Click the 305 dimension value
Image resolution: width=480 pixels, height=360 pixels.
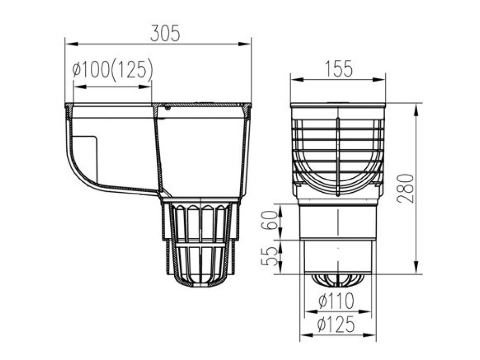[165, 34]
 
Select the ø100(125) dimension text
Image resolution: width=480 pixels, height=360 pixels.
[112, 71]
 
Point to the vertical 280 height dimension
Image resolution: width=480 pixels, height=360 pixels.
[405, 188]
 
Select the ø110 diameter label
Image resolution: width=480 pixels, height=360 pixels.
[336, 303]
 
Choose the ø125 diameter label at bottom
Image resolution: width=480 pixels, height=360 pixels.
[336, 326]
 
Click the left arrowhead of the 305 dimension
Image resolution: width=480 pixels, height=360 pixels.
[68, 43]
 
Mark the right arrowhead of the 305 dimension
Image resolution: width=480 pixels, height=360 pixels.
[248, 43]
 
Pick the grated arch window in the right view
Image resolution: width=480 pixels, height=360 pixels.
[338, 156]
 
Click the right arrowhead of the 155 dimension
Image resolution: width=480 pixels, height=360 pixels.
[383, 79]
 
